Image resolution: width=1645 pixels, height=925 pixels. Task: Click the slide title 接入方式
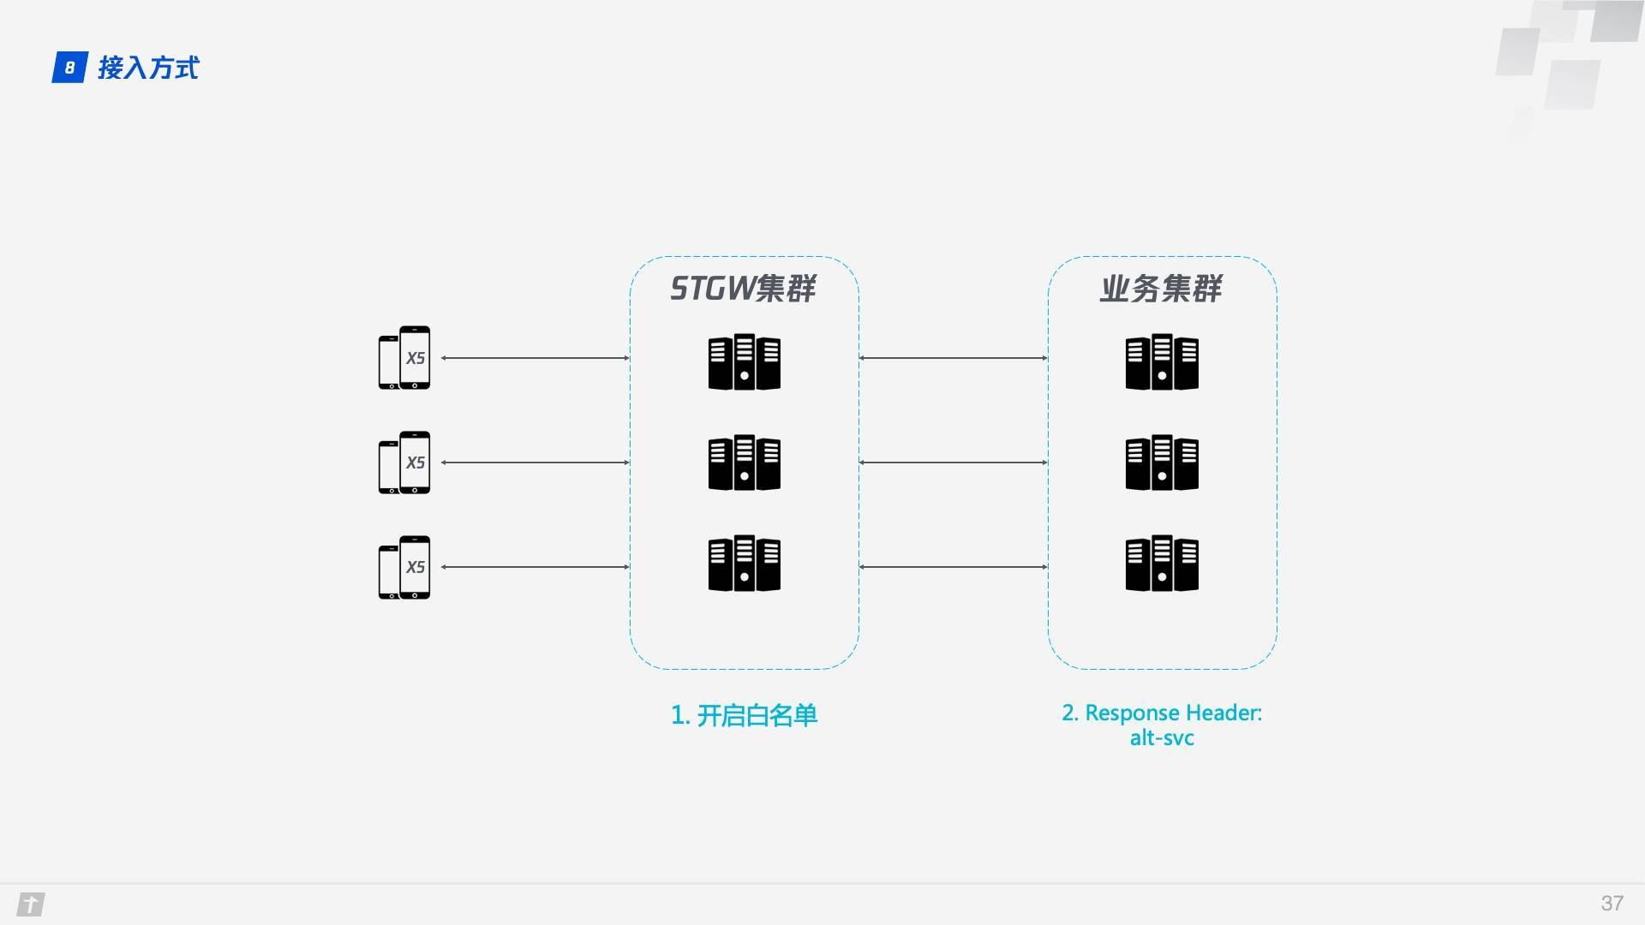tap(148, 68)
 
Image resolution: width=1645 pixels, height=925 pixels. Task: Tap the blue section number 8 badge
tap(69, 68)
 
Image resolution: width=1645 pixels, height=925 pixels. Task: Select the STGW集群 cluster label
tap(743, 289)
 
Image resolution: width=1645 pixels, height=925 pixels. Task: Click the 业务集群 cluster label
tap(1162, 289)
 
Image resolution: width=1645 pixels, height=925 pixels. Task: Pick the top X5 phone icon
tap(404, 358)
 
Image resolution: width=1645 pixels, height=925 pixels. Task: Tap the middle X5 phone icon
tap(404, 462)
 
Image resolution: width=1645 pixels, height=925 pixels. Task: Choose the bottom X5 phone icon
tap(404, 567)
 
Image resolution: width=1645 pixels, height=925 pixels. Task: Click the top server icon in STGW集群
tap(745, 361)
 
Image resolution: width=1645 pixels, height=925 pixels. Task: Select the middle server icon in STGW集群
tap(745, 462)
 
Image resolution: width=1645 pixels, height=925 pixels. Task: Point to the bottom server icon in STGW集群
tap(745, 564)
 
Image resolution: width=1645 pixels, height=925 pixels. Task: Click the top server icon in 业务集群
tap(1162, 361)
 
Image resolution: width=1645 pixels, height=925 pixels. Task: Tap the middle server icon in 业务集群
tap(1162, 462)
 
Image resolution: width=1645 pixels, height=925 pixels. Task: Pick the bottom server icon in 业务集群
tap(1162, 564)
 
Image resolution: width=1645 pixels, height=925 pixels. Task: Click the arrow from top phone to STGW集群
tap(535, 358)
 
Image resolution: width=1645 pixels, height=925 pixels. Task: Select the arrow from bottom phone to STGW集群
tap(535, 567)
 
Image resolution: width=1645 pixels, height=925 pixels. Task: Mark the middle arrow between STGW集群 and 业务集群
tap(954, 462)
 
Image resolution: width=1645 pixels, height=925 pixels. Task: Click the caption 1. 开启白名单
tap(744, 715)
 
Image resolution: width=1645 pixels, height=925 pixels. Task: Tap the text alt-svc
tap(1162, 738)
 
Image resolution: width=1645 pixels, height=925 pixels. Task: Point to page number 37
tap(1612, 904)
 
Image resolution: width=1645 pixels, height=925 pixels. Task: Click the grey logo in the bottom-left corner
tap(31, 904)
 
